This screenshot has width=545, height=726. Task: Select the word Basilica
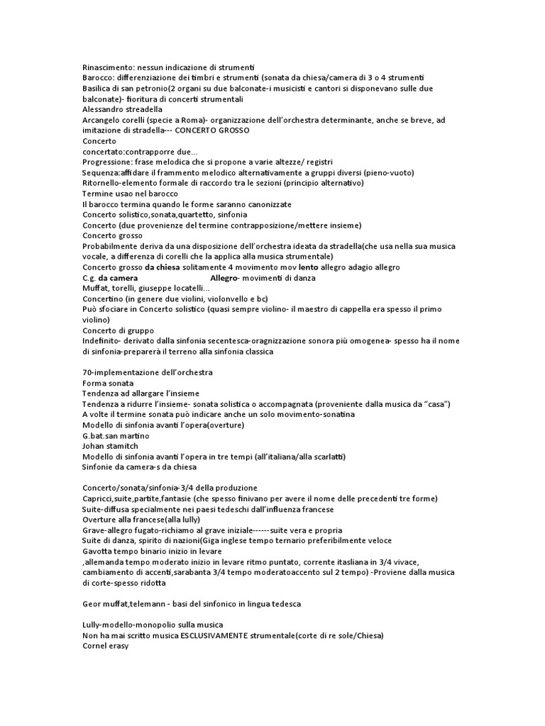pyautogui.click(x=99, y=89)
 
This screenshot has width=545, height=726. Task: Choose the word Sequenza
pyautogui.click(x=100, y=172)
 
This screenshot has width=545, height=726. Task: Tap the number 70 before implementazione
pyautogui.click(x=87, y=372)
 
